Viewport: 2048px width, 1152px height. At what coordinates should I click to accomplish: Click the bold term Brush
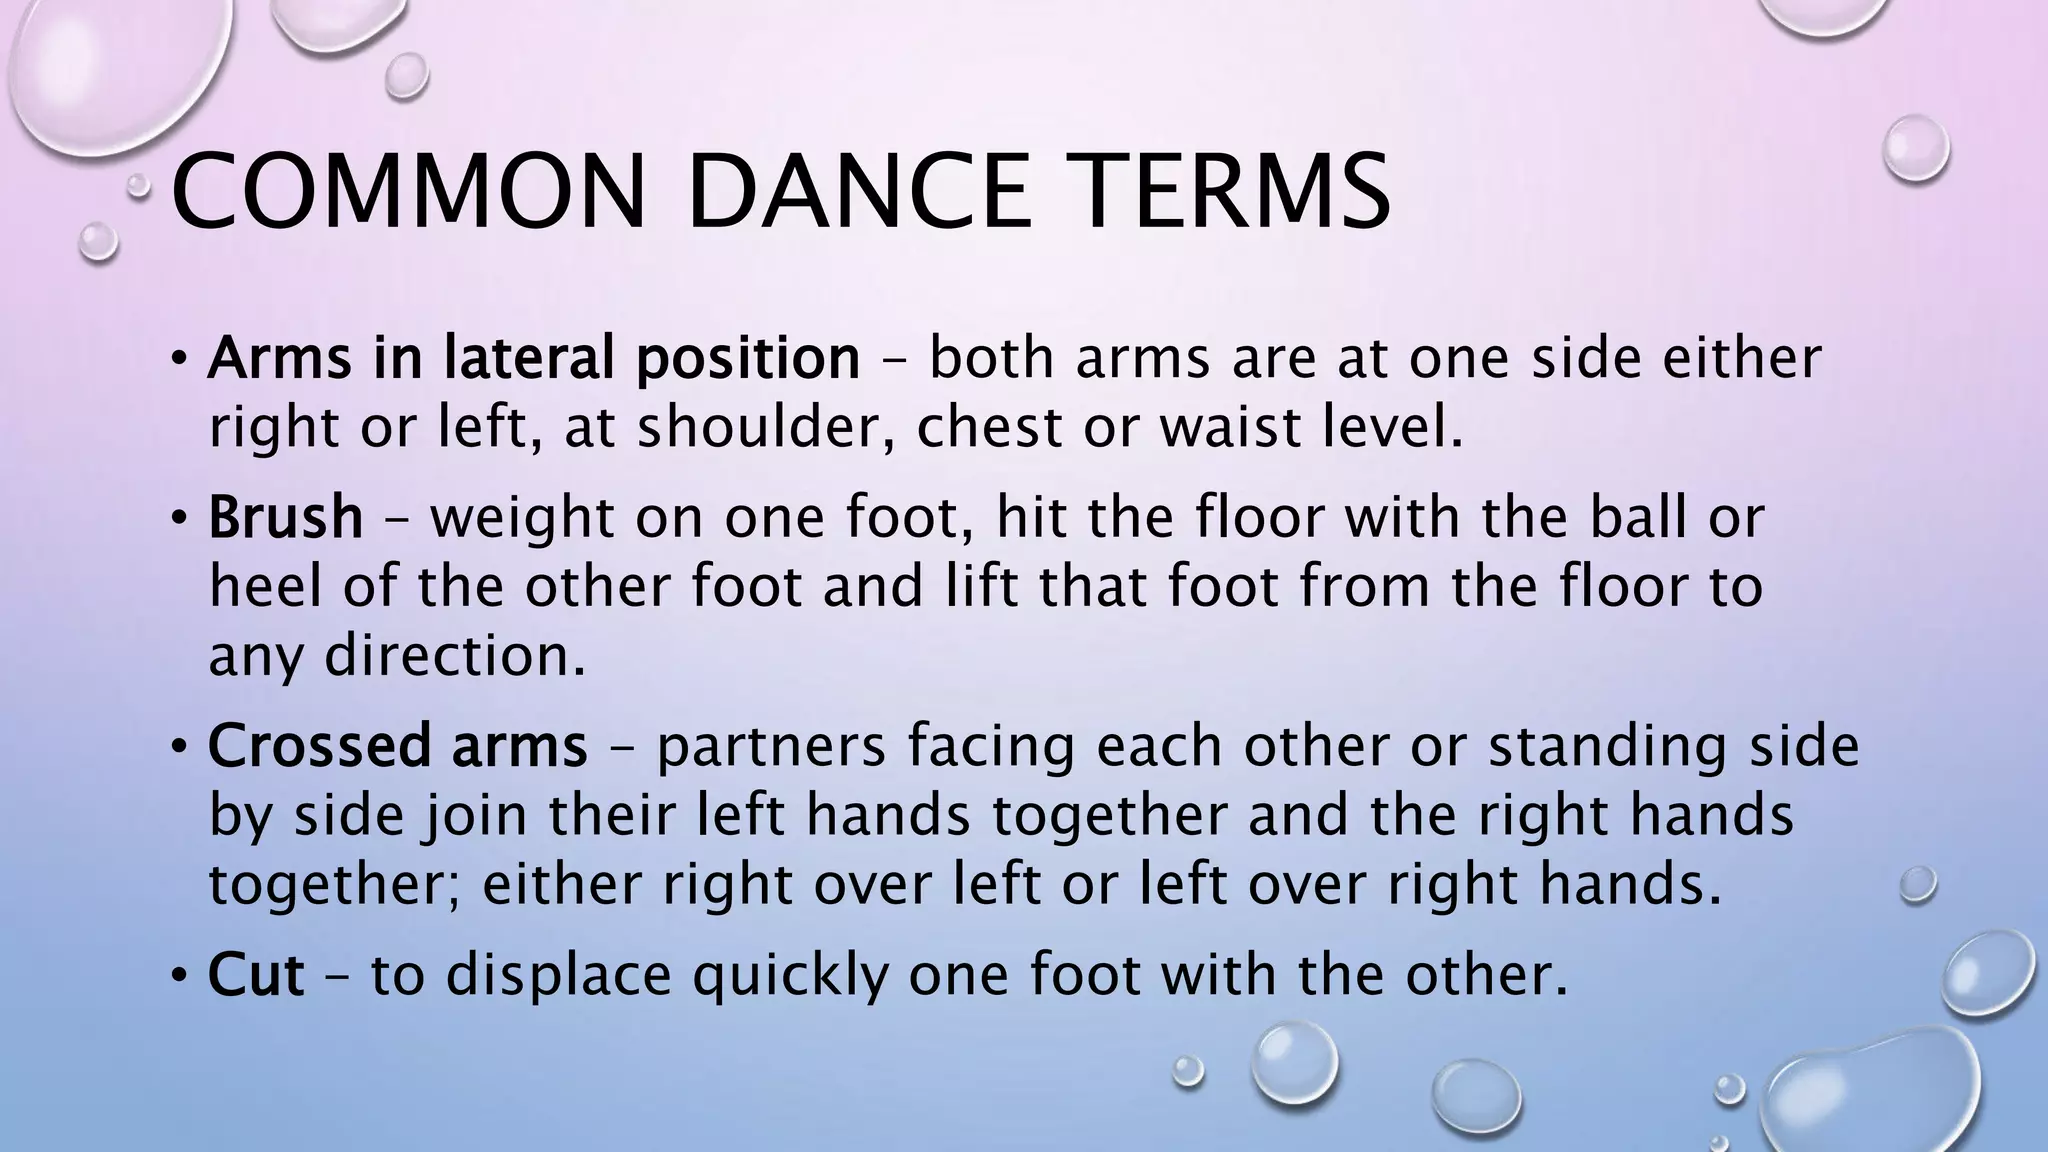pyautogui.click(x=285, y=518)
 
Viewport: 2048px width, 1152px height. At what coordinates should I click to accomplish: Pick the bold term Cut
pyautogui.click(x=255, y=975)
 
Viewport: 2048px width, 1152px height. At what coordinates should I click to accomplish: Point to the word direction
pyautogui.click(x=455, y=656)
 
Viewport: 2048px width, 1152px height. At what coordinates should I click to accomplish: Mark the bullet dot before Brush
pyautogui.click(x=178, y=519)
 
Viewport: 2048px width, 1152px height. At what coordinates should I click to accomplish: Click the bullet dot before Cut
pyautogui.click(x=178, y=976)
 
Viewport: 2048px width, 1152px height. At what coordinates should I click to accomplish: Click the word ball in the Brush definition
pyautogui.click(x=1635, y=518)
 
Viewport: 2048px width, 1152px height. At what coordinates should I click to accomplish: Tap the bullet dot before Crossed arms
pyautogui.click(x=178, y=747)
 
